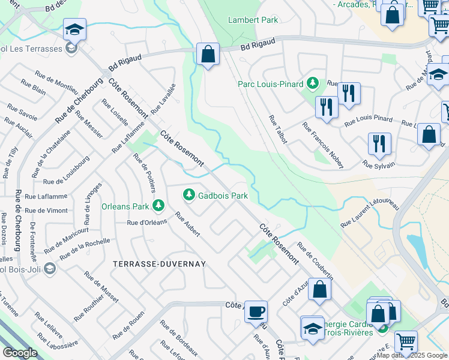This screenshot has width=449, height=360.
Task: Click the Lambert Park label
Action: pyautogui.click(x=253, y=20)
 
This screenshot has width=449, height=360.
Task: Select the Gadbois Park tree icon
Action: pyautogui.click(x=189, y=194)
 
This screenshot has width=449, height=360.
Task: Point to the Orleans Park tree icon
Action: pyautogui.click(x=158, y=206)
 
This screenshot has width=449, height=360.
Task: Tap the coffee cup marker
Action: pyautogui.click(x=256, y=311)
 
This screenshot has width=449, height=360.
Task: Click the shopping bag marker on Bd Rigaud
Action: pyautogui.click(x=208, y=54)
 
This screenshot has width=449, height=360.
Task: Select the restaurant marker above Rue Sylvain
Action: pyautogui.click(x=379, y=143)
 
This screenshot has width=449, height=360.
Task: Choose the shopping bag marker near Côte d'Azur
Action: pyautogui.click(x=321, y=289)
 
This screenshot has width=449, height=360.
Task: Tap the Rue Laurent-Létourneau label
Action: pyautogui.click(x=370, y=213)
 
